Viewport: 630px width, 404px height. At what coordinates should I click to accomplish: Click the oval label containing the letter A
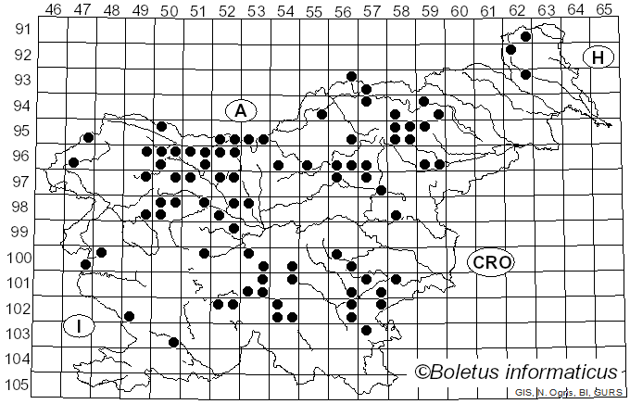pos(240,110)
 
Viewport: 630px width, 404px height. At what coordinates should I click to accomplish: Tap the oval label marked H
pos(598,57)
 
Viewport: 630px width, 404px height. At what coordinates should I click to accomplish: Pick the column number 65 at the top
pos(604,9)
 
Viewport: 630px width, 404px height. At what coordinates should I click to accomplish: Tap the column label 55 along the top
pos(314,9)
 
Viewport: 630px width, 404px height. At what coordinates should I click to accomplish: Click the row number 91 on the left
pos(20,30)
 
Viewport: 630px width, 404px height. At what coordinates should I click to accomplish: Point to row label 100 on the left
pos(19,258)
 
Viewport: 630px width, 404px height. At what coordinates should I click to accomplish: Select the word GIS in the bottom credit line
pos(523,394)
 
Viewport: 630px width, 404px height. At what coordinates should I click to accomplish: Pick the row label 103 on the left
pos(19,334)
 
